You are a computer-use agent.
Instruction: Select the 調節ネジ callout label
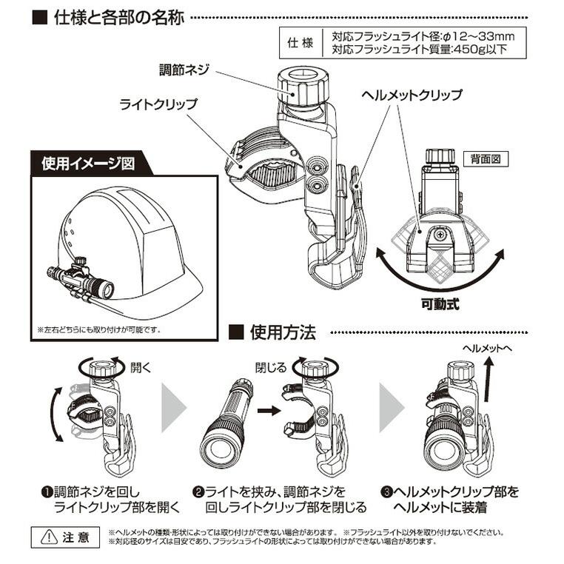pos(186,69)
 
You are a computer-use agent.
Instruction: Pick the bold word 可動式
pos(443,303)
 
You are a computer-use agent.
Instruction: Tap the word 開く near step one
pos(141,366)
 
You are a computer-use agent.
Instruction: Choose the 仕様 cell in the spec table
pos(294,43)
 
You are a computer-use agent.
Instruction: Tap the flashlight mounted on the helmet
pos(85,281)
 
